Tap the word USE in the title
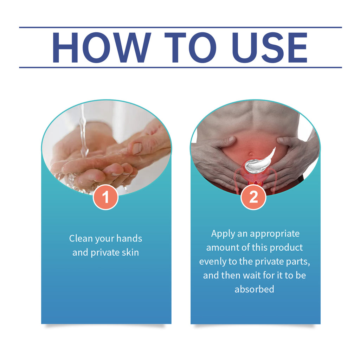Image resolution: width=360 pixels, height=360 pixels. tap(270, 47)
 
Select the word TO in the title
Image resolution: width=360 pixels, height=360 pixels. tap(190, 47)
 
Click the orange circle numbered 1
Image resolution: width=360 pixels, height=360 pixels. tap(105, 197)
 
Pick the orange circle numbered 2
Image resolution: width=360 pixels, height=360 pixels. tap(253, 197)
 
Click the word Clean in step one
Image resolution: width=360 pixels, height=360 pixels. tap(81, 238)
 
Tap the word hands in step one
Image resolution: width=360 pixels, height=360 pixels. tap(129, 238)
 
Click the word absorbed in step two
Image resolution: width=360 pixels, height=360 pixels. tap(255, 289)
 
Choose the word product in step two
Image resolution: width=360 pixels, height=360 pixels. tap(286, 247)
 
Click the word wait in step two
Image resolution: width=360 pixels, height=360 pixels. tap(252, 275)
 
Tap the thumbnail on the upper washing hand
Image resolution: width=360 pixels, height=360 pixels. tap(137, 148)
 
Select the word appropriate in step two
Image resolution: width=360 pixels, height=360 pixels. tap(275, 234)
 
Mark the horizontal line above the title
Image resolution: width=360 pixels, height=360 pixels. tap(180, 27)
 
